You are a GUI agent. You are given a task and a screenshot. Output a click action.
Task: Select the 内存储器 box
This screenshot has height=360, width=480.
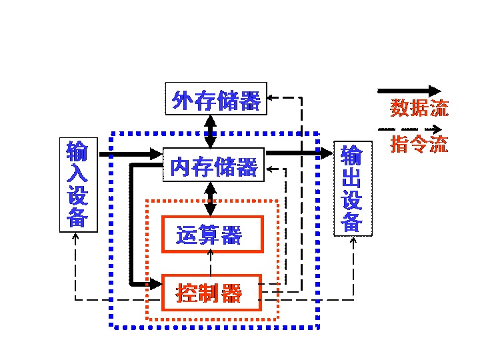point(214,165)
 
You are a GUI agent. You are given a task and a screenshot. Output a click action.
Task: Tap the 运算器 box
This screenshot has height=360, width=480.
point(212,234)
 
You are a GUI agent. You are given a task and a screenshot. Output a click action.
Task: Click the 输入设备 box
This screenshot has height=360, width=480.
point(78,184)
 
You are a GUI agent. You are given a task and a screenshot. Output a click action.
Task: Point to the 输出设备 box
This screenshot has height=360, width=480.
point(351,189)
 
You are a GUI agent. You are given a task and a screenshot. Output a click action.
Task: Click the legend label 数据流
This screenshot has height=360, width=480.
point(419,107)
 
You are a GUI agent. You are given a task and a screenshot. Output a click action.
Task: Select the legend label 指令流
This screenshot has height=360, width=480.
point(419,144)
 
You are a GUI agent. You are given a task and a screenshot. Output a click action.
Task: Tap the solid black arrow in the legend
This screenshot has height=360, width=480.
point(409,90)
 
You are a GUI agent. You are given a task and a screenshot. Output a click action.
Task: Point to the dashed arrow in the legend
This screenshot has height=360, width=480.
point(409,128)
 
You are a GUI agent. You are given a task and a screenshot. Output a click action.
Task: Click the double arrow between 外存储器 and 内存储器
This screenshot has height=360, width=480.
point(211,131)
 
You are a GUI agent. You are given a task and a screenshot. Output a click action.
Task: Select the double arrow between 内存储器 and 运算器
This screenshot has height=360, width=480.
point(211,199)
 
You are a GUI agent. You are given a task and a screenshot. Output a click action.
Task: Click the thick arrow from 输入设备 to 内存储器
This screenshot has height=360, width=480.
point(131,155)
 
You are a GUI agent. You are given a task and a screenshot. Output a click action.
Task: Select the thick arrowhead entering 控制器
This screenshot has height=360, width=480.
point(156,284)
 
